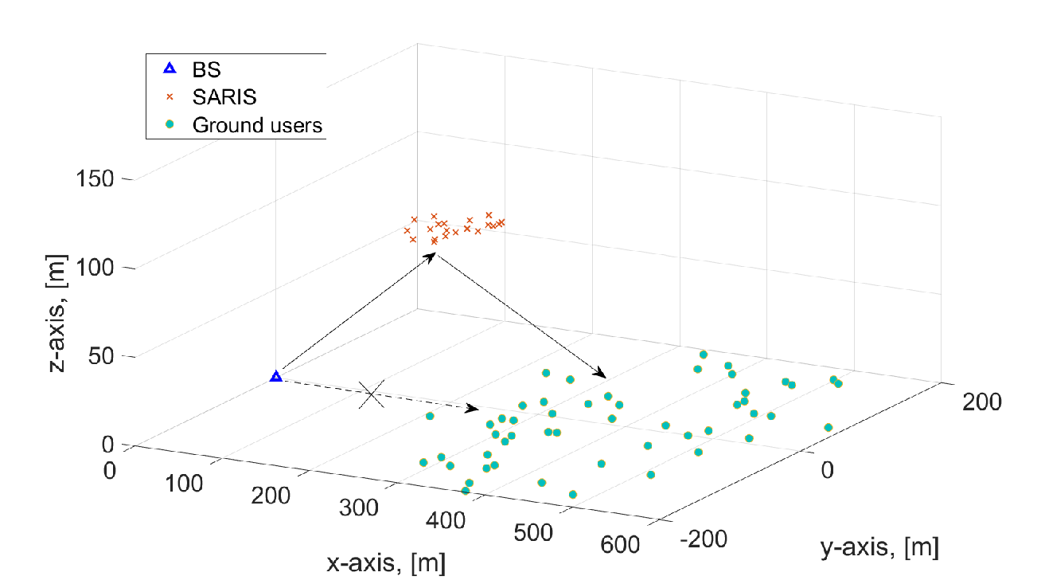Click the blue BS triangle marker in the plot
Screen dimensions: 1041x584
click(276, 377)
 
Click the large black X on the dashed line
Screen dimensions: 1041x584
click(372, 394)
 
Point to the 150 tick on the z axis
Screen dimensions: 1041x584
click(95, 178)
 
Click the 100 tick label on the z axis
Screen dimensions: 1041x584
click(95, 268)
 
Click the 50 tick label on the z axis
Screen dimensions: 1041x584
click(101, 356)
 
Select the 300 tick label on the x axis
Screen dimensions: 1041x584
click(358, 508)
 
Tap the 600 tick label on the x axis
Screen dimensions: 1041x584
click(620, 544)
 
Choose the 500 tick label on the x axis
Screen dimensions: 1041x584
click(533, 532)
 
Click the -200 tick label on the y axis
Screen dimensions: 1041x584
click(704, 539)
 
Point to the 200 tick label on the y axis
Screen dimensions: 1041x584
click(981, 402)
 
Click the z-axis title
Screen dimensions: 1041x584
click(57, 313)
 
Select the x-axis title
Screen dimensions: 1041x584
click(386, 563)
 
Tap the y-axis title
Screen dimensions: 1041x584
click(879, 547)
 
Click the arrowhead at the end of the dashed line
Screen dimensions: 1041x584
click(472, 408)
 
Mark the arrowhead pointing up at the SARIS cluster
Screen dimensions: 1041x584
click(429, 257)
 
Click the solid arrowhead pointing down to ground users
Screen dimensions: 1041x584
click(599, 372)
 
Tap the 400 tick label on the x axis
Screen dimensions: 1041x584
click(445, 520)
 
